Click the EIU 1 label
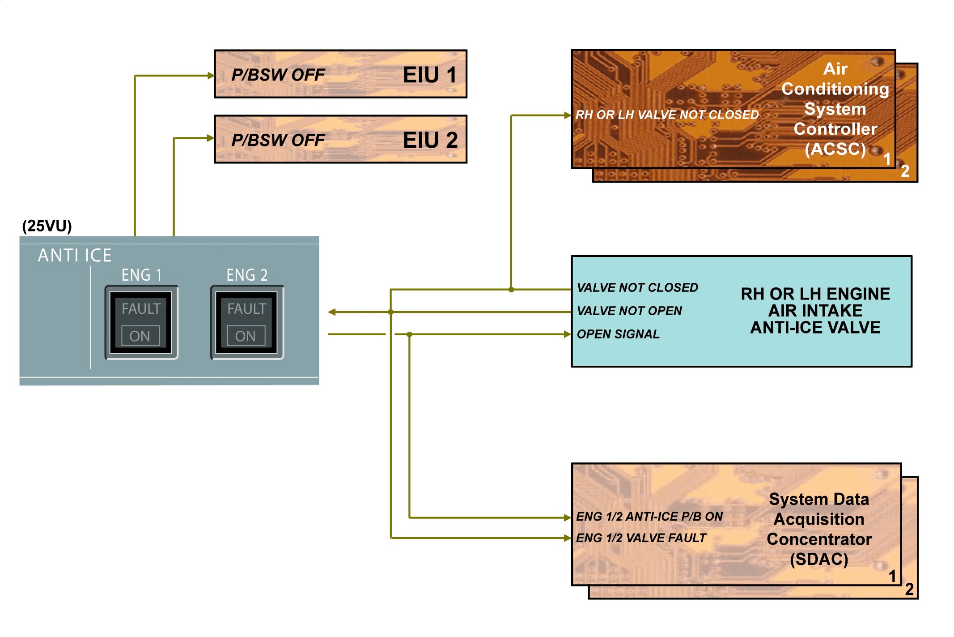[x=429, y=75]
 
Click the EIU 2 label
[x=430, y=140]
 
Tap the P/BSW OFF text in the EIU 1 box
[x=278, y=75]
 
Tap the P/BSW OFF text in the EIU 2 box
[x=278, y=141]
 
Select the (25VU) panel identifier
[x=47, y=226]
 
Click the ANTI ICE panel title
[x=75, y=255]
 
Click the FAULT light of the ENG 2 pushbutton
[x=246, y=309]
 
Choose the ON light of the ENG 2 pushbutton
[x=246, y=336]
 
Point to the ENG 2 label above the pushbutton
[x=247, y=275]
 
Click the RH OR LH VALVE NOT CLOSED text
[x=667, y=115]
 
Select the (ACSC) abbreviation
[x=835, y=149]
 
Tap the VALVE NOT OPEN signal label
[x=629, y=311]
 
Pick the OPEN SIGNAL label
[x=618, y=334]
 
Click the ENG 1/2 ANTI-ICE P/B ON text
[x=649, y=517]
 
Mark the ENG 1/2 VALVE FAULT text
[x=641, y=538]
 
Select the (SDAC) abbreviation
[x=819, y=559]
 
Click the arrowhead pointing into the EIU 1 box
[x=211, y=76]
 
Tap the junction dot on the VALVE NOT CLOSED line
[x=511, y=290]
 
